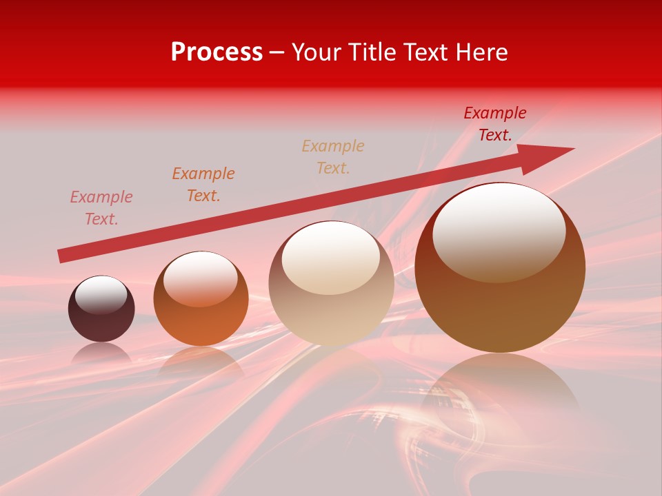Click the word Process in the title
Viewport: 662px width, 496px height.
(217, 52)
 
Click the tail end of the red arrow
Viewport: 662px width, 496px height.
(62, 256)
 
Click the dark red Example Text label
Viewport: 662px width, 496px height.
(494, 124)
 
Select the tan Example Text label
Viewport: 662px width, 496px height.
(333, 156)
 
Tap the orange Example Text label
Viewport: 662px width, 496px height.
(203, 184)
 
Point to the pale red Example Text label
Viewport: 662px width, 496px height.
(101, 207)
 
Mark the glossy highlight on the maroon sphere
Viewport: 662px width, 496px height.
(101, 294)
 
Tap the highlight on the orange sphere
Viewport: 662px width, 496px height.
(200, 278)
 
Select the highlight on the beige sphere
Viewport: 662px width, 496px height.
(331, 258)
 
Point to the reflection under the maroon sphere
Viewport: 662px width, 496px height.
(101, 352)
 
